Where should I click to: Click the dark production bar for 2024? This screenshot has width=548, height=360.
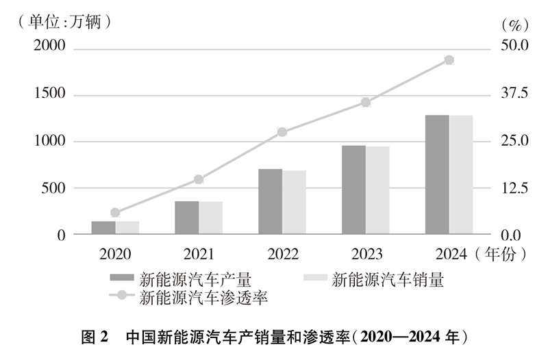point(437,175)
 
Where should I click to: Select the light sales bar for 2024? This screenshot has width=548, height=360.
point(461,175)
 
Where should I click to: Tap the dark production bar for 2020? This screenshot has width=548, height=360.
point(103,227)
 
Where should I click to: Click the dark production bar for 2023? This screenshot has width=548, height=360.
point(353,190)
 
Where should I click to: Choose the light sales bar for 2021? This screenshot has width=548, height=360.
point(210,218)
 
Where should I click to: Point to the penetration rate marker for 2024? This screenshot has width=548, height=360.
point(449,60)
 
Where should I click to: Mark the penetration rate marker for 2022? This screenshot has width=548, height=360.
point(282,132)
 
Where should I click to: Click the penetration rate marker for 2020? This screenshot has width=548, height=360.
point(115,213)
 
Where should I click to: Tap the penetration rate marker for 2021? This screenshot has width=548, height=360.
point(199,179)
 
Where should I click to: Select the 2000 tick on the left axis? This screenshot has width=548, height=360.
point(50,47)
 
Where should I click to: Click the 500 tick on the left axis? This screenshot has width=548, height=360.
point(55,188)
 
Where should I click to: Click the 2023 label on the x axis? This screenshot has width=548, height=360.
point(366,254)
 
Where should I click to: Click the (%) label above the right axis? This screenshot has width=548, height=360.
point(512,25)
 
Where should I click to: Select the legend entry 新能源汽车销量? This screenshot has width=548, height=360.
point(388,279)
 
